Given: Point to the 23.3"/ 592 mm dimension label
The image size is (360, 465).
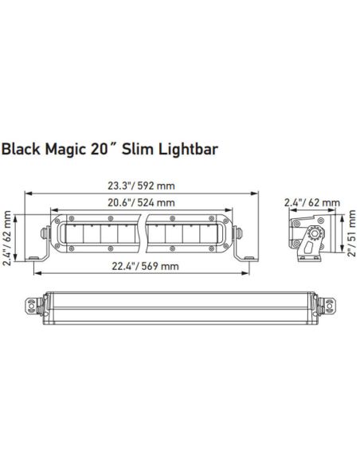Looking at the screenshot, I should click(x=141, y=186).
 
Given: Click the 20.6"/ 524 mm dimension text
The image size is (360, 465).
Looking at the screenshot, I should click(x=141, y=203).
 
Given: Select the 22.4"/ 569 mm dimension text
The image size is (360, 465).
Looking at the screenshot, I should click(x=142, y=265).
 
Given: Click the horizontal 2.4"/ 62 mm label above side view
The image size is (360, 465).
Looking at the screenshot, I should click(x=312, y=203).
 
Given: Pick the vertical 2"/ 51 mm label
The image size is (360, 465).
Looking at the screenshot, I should click(x=351, y=236).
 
